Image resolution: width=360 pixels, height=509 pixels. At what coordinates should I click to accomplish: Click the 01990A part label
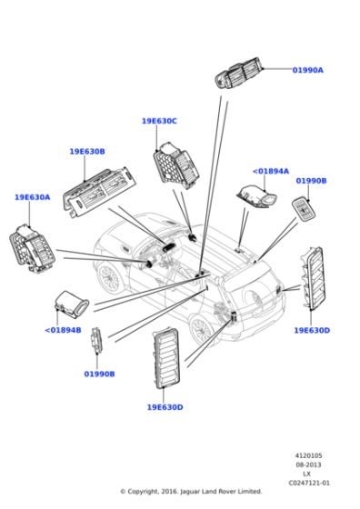pos(307,70)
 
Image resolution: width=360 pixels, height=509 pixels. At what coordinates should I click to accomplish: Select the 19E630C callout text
pos(159,121)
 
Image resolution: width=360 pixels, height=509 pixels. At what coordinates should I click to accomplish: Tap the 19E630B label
pos(87,152)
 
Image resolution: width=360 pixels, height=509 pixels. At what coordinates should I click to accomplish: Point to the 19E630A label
pos(32,197)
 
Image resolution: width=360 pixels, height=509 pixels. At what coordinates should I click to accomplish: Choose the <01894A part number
pos(270,171)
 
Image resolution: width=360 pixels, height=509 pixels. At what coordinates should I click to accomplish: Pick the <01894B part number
pos(63,330)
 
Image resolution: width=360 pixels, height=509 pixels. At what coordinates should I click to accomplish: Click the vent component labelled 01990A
pos(240,74)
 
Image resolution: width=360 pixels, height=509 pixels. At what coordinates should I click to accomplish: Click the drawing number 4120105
pos(308,456)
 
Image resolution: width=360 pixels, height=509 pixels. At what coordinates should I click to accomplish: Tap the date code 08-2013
pos(308,465)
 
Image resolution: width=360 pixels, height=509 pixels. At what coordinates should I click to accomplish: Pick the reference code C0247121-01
pos(308,483)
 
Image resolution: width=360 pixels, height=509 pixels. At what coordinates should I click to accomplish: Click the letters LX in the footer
pos(307,474)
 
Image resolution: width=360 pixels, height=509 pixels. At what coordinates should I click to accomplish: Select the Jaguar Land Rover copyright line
pos(191,492)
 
